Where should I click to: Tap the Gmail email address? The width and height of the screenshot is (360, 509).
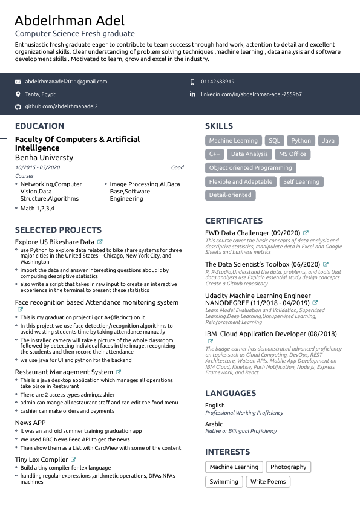tap(66, 82)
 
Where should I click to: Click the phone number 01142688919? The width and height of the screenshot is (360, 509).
tap(217, 82)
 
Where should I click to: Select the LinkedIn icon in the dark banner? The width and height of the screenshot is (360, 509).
tap(193, 94)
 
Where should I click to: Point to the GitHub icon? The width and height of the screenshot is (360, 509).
tap(18, 106)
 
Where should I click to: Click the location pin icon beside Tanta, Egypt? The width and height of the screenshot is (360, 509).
tap(18, 94)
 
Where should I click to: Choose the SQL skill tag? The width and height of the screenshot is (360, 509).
tap(275, 141)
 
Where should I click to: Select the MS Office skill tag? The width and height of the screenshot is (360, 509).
tap(292, 154)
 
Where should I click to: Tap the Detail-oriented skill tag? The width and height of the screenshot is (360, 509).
tap(230, 195)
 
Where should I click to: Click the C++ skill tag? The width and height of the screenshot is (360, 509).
tap(214, 154)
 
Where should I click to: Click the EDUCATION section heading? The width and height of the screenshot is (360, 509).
tap(39, 126)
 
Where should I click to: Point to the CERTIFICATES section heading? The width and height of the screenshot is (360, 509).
tap(234, 221)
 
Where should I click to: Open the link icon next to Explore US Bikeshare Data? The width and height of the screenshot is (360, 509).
tap(100, 242)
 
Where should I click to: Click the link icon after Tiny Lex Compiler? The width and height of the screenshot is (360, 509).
tap(74, 459)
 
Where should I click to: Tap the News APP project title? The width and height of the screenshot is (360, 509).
tap(30, 423)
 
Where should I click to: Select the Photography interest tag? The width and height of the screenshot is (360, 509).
tap(288, 467)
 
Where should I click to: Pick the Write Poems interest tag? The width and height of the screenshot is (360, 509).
tap(269, 482)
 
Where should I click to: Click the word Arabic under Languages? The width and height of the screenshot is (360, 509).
tap(214, 424)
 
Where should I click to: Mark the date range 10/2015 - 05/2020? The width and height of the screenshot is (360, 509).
tap(38, 167)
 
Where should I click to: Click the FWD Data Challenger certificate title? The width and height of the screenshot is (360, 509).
tap(253, 233)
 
